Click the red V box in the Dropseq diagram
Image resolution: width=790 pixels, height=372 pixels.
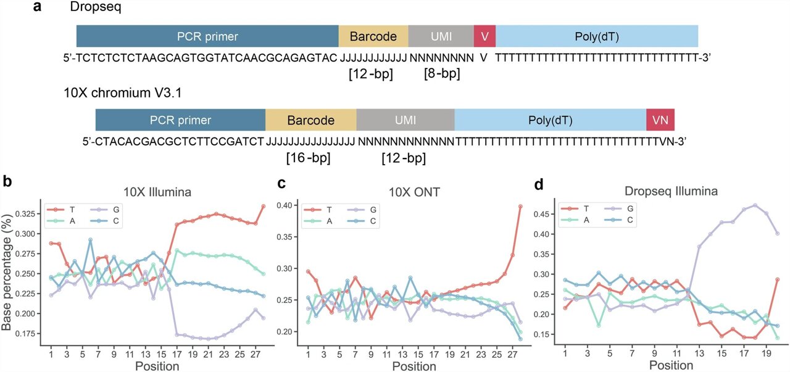click(x=484, y=36)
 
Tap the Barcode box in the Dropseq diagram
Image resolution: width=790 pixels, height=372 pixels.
click(x=373, y=36)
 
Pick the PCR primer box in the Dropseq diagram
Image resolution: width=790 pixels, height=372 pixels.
click(x=207, y=36)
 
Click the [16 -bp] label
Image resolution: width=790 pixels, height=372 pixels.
click(x=308, y=158)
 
